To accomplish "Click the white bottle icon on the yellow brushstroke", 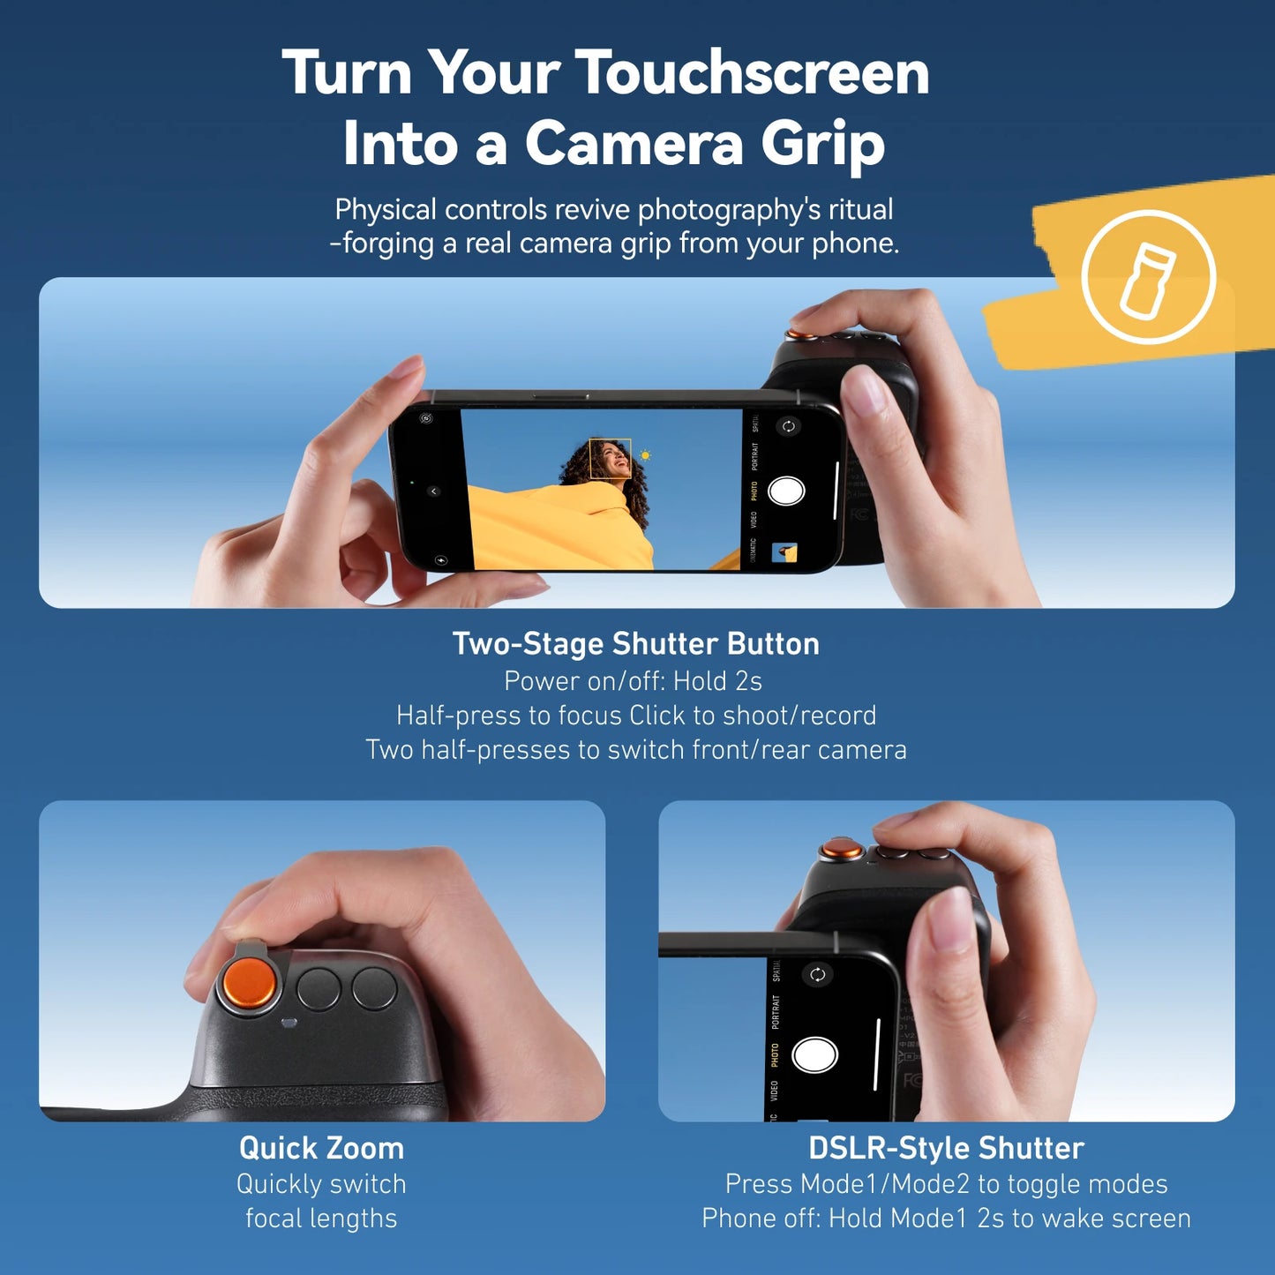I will pyautogui.click(x=1148, y=278).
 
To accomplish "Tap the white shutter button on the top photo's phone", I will pyautogui.click(x=786, y=491).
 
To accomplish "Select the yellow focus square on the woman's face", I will pyautogui.click(x=610, y=459).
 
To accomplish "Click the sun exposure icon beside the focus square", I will pyautogui.click(x=646, y=455).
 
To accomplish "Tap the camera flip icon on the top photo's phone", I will pyautogui.click(x=788, y=426).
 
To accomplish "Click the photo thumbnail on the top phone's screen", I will pyautogui.click(x=784, y=552).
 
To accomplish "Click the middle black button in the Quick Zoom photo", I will pyautogui.click(x=319, y=988).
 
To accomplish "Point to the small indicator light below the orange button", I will pyautogui.click(x=288, y=1024).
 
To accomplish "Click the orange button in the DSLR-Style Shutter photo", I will pyautogui.click(x=842, y=851).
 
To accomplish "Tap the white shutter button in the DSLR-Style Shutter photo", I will pyautogui.click(x=814, y=1054).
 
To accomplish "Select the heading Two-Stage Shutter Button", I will pyautogui.click(x=635, y=644).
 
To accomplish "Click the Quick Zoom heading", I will pyautogui.click(x=321, y=1148).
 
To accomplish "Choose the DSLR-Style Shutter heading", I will pyautogui.click(x=946, y=1148).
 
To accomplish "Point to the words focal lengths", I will pyautogui.click(x=321, y=1219).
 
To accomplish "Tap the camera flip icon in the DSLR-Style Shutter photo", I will pyautogui.click(x=817, y=974).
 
